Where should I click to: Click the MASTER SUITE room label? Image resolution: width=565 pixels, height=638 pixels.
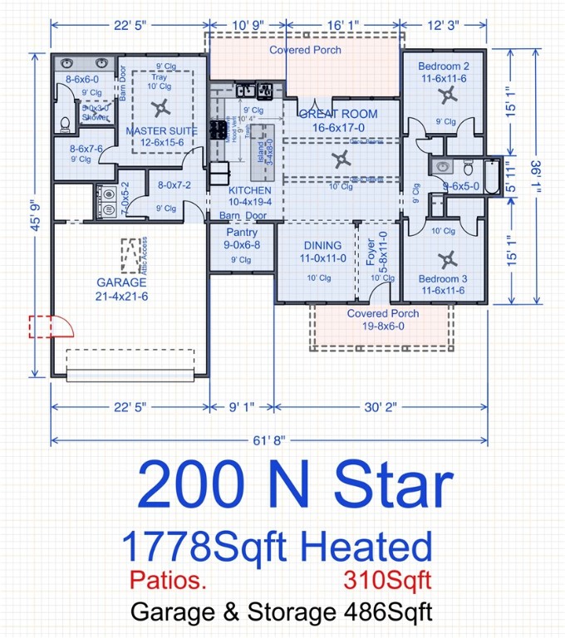coord(161,131)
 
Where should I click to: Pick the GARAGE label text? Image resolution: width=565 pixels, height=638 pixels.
coord(121,282)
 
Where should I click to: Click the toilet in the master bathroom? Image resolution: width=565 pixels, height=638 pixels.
coord(65,124)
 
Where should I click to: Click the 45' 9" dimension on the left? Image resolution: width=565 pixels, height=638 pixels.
coord(36,219)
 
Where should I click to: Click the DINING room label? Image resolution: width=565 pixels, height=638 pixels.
coord(322,245)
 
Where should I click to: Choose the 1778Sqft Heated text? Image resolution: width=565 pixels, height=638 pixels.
coord(277,547)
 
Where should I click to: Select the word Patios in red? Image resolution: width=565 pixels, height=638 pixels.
coord(168,577)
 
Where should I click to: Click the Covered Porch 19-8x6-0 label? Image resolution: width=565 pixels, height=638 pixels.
coord(383,320)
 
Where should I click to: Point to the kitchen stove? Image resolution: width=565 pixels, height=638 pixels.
coord(218,130)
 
